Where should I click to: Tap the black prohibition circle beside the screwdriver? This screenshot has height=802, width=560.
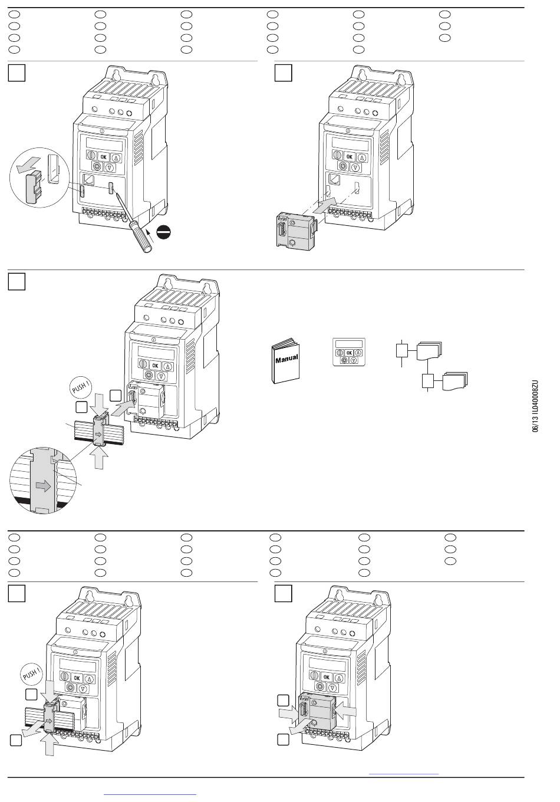tap(163, 234)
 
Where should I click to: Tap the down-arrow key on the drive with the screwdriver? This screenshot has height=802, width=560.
tap(110, 167)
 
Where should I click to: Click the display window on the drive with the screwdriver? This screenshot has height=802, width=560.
tap(104, 144)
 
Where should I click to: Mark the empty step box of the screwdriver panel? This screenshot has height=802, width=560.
tap(17, 73)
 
